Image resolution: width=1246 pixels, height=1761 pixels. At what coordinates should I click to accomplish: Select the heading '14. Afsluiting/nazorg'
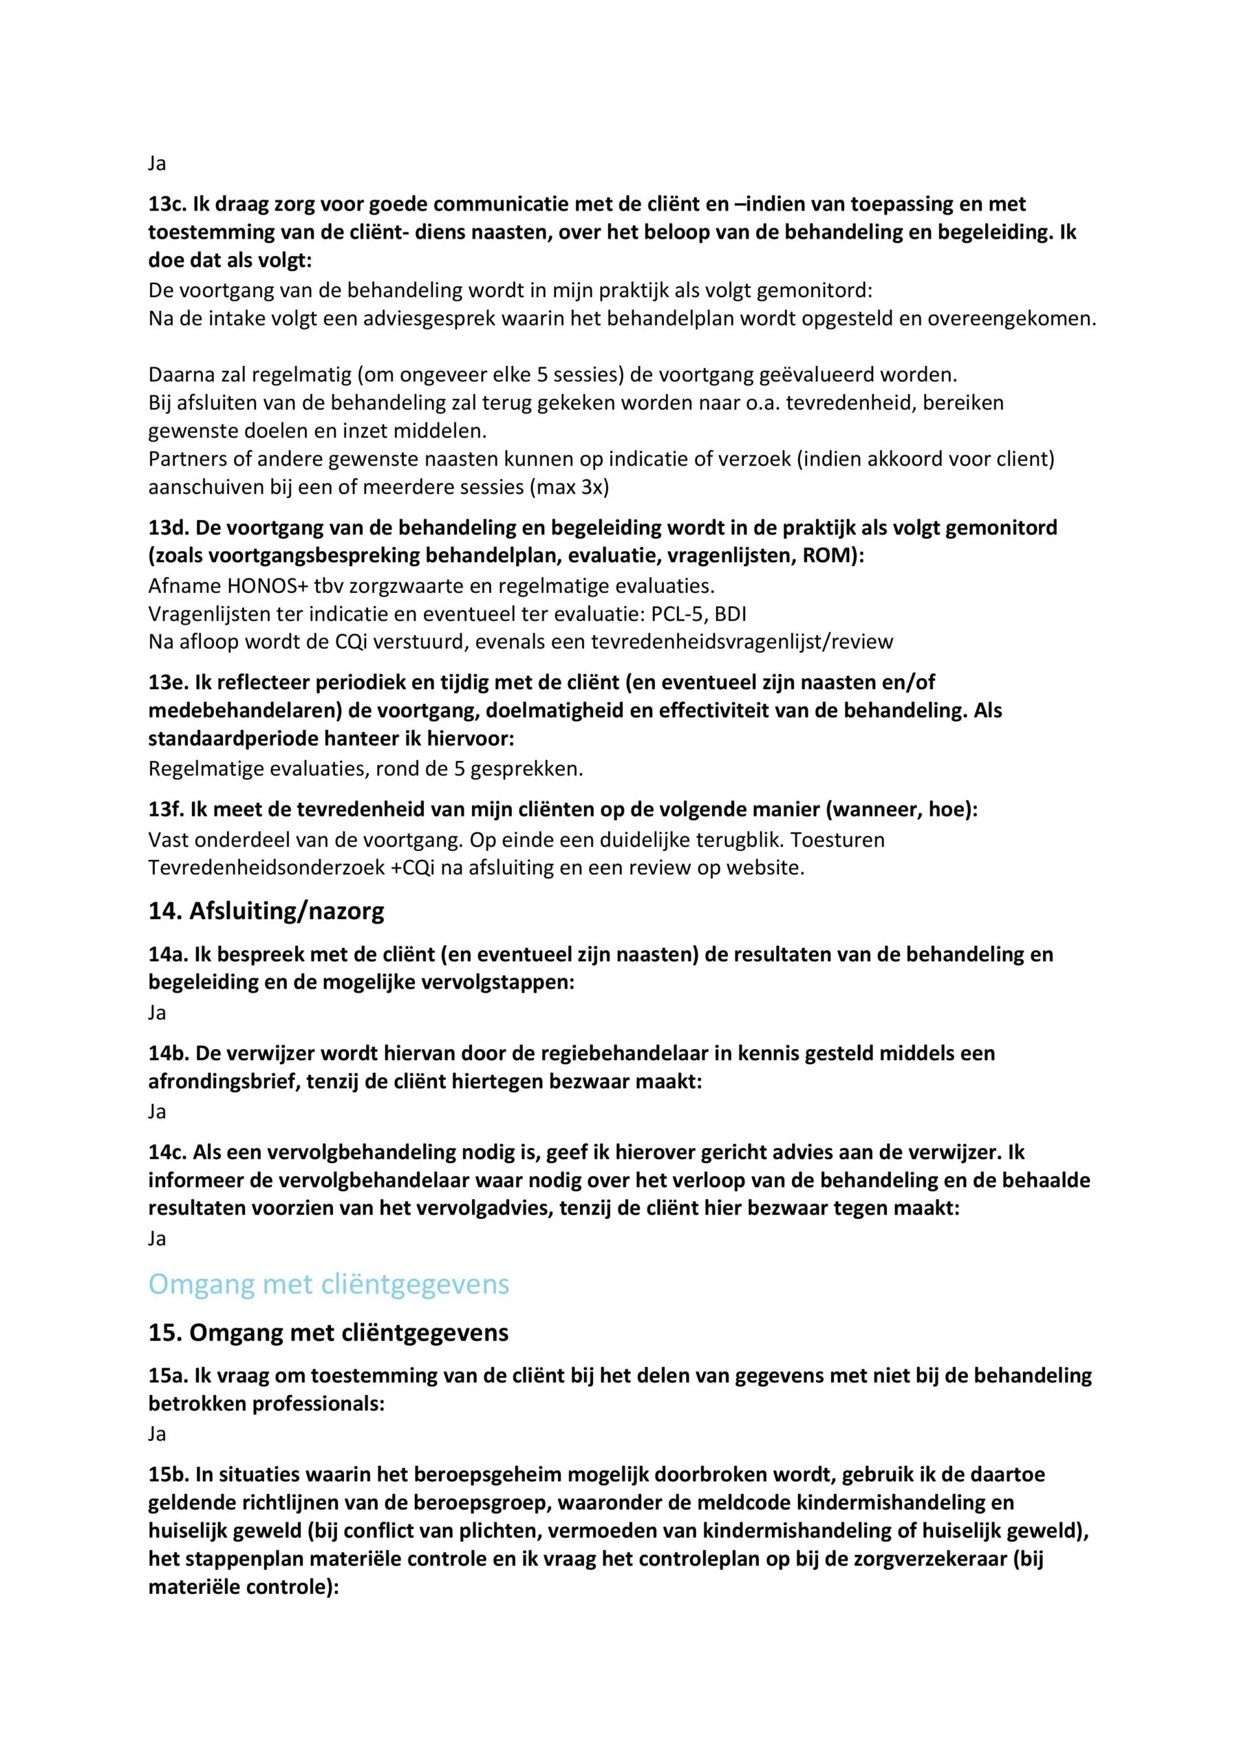[266, 911]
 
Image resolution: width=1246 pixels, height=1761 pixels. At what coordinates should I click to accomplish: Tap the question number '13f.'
[167, 809]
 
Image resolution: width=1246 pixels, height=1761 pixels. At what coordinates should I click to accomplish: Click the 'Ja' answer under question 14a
[158, 1013]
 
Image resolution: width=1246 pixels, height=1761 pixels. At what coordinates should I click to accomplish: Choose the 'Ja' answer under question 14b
[158, 1112]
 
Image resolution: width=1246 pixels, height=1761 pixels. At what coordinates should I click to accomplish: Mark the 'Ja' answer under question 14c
[158, 1238]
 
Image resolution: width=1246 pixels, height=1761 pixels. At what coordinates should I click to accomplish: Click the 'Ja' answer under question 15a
[158, 1434]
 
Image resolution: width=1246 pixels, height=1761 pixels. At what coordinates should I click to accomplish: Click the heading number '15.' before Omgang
[165, 1333]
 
